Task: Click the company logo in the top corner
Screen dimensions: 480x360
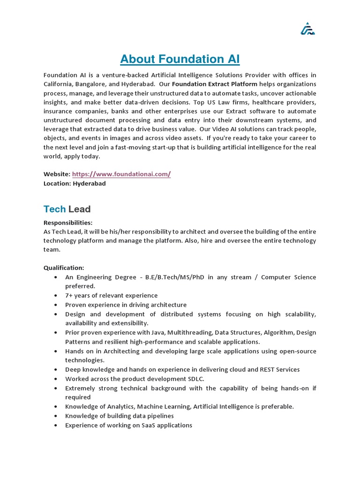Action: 307,29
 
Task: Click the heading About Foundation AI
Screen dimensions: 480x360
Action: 180,59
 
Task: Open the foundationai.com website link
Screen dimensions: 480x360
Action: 121,174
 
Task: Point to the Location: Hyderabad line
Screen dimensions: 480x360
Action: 75,183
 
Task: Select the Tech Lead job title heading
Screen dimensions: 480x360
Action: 67,209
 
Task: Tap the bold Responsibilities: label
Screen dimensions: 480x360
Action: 68,222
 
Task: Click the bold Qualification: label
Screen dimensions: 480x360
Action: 64,268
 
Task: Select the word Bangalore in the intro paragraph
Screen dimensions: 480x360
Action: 96,84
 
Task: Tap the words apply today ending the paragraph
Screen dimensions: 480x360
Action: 84,157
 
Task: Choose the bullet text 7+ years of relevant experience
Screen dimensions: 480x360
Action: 112,295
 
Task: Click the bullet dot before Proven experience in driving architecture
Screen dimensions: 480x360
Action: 56,305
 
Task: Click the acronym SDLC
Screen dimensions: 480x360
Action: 195,379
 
